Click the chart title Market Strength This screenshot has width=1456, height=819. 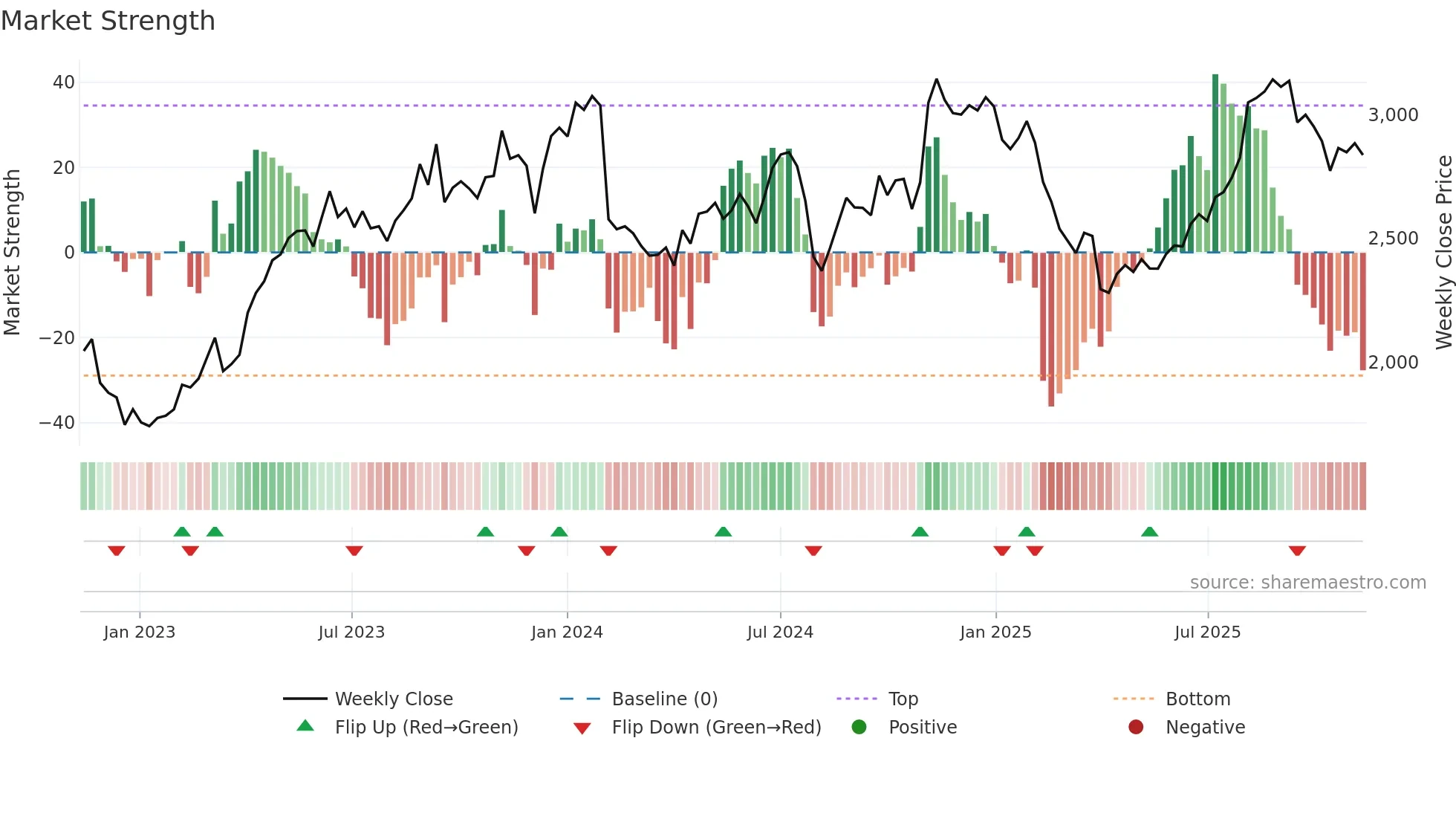click(108, 21)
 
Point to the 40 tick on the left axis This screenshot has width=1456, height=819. click(64, 82)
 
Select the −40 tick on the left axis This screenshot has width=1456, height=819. click(57, 423)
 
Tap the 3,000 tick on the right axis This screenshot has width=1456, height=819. click(1393, 115)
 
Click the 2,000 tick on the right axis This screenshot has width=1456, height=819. click(1393, 363)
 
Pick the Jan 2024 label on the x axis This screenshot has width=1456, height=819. click(567, 632)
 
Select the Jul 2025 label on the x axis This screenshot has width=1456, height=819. click(1207, 632)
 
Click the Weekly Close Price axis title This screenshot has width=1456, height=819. click(1443, 253)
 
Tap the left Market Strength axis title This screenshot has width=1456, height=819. click(13, 253)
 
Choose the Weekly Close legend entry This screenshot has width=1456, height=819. click(393, 699)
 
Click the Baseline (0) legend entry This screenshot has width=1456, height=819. click(664, 699)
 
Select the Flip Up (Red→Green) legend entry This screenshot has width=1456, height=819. click(426, 728)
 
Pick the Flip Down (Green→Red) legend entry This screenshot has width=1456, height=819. click(716, 728)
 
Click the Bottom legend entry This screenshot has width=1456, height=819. click(1197, 699)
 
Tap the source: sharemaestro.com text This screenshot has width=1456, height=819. click(1307, 583)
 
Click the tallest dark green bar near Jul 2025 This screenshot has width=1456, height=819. click(1215, 164)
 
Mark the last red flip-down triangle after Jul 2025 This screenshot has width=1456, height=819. click(1297, 551)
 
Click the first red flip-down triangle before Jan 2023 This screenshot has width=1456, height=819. click(117, 551)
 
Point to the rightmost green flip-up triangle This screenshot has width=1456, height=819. click(1149, 531)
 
